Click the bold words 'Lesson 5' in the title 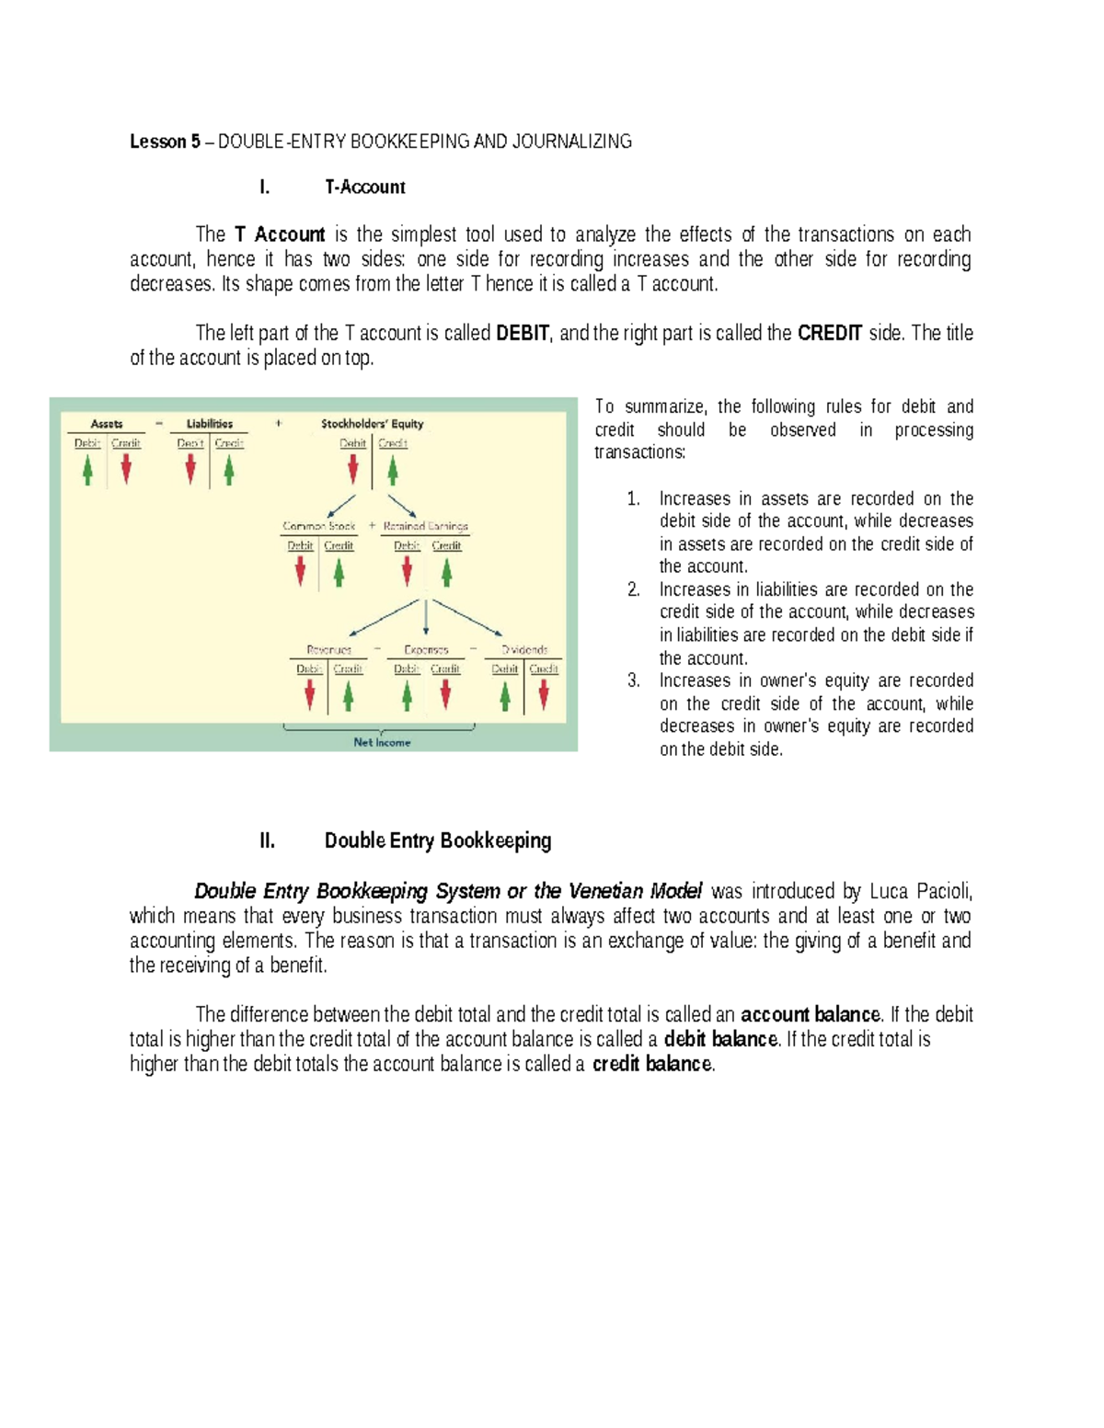(x=165, y=142)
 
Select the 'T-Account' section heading (x=364, y=188)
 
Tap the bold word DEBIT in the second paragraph (x=522, y=333)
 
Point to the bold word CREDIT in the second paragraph (x=829, y=333)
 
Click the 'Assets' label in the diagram (x=107, y=424)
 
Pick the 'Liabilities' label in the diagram (x=210, y=424)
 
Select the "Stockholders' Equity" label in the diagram (x=372, y=424)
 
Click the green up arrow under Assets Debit (x=87, y=470)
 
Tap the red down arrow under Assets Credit (x=126, y=470)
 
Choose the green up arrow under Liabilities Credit (x=229, y=470)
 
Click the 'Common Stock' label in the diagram (x=318, y=526)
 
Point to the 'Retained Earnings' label (x=425, y=526)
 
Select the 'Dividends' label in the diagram (x=524, y=649)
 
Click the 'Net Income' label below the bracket (x=382, y=742)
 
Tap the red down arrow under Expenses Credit (x=445, y=695)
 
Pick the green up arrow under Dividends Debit (x=505, y=696)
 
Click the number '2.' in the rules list (x=634, y=589)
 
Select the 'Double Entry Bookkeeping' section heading (x=438, y=840)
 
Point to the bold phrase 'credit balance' (x=652, y=1064)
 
